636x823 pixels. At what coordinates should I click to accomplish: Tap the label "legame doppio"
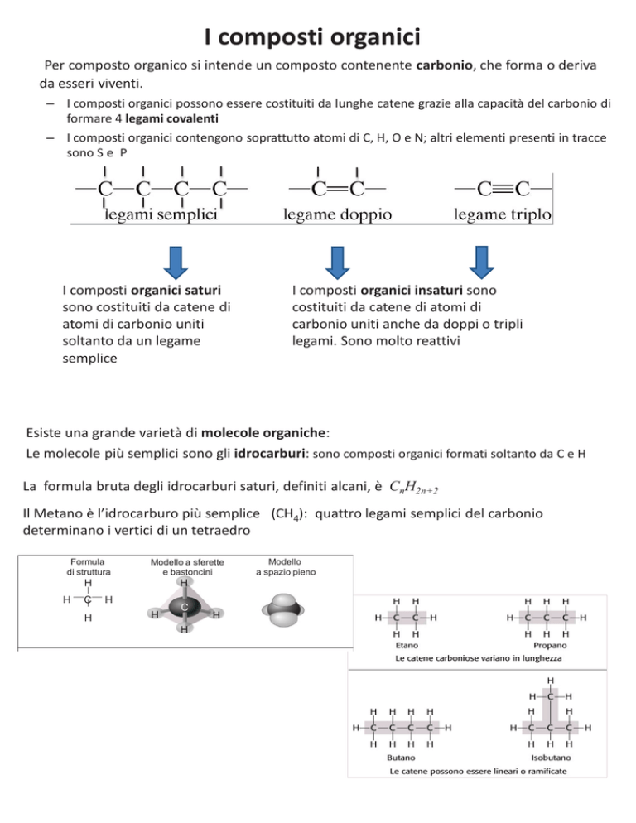point(338,215)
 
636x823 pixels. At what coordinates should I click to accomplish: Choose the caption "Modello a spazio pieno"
point(284,566)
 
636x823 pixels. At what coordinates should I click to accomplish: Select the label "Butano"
point(402,757)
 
